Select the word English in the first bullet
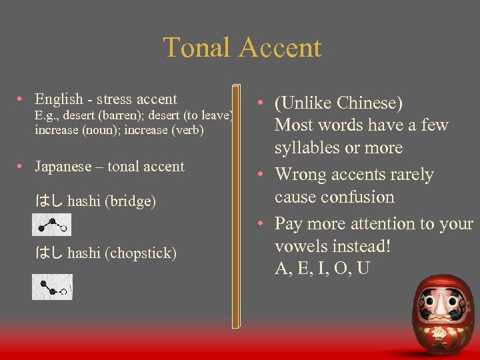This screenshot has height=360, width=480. point(58,100)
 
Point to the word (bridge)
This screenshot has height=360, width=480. point(130,201)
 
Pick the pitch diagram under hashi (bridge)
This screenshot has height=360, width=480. point(51,225)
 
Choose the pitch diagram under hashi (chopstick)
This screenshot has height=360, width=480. point(52,287)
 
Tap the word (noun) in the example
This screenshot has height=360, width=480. point(103,130)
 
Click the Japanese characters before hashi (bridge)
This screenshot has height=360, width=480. point(49,201)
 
